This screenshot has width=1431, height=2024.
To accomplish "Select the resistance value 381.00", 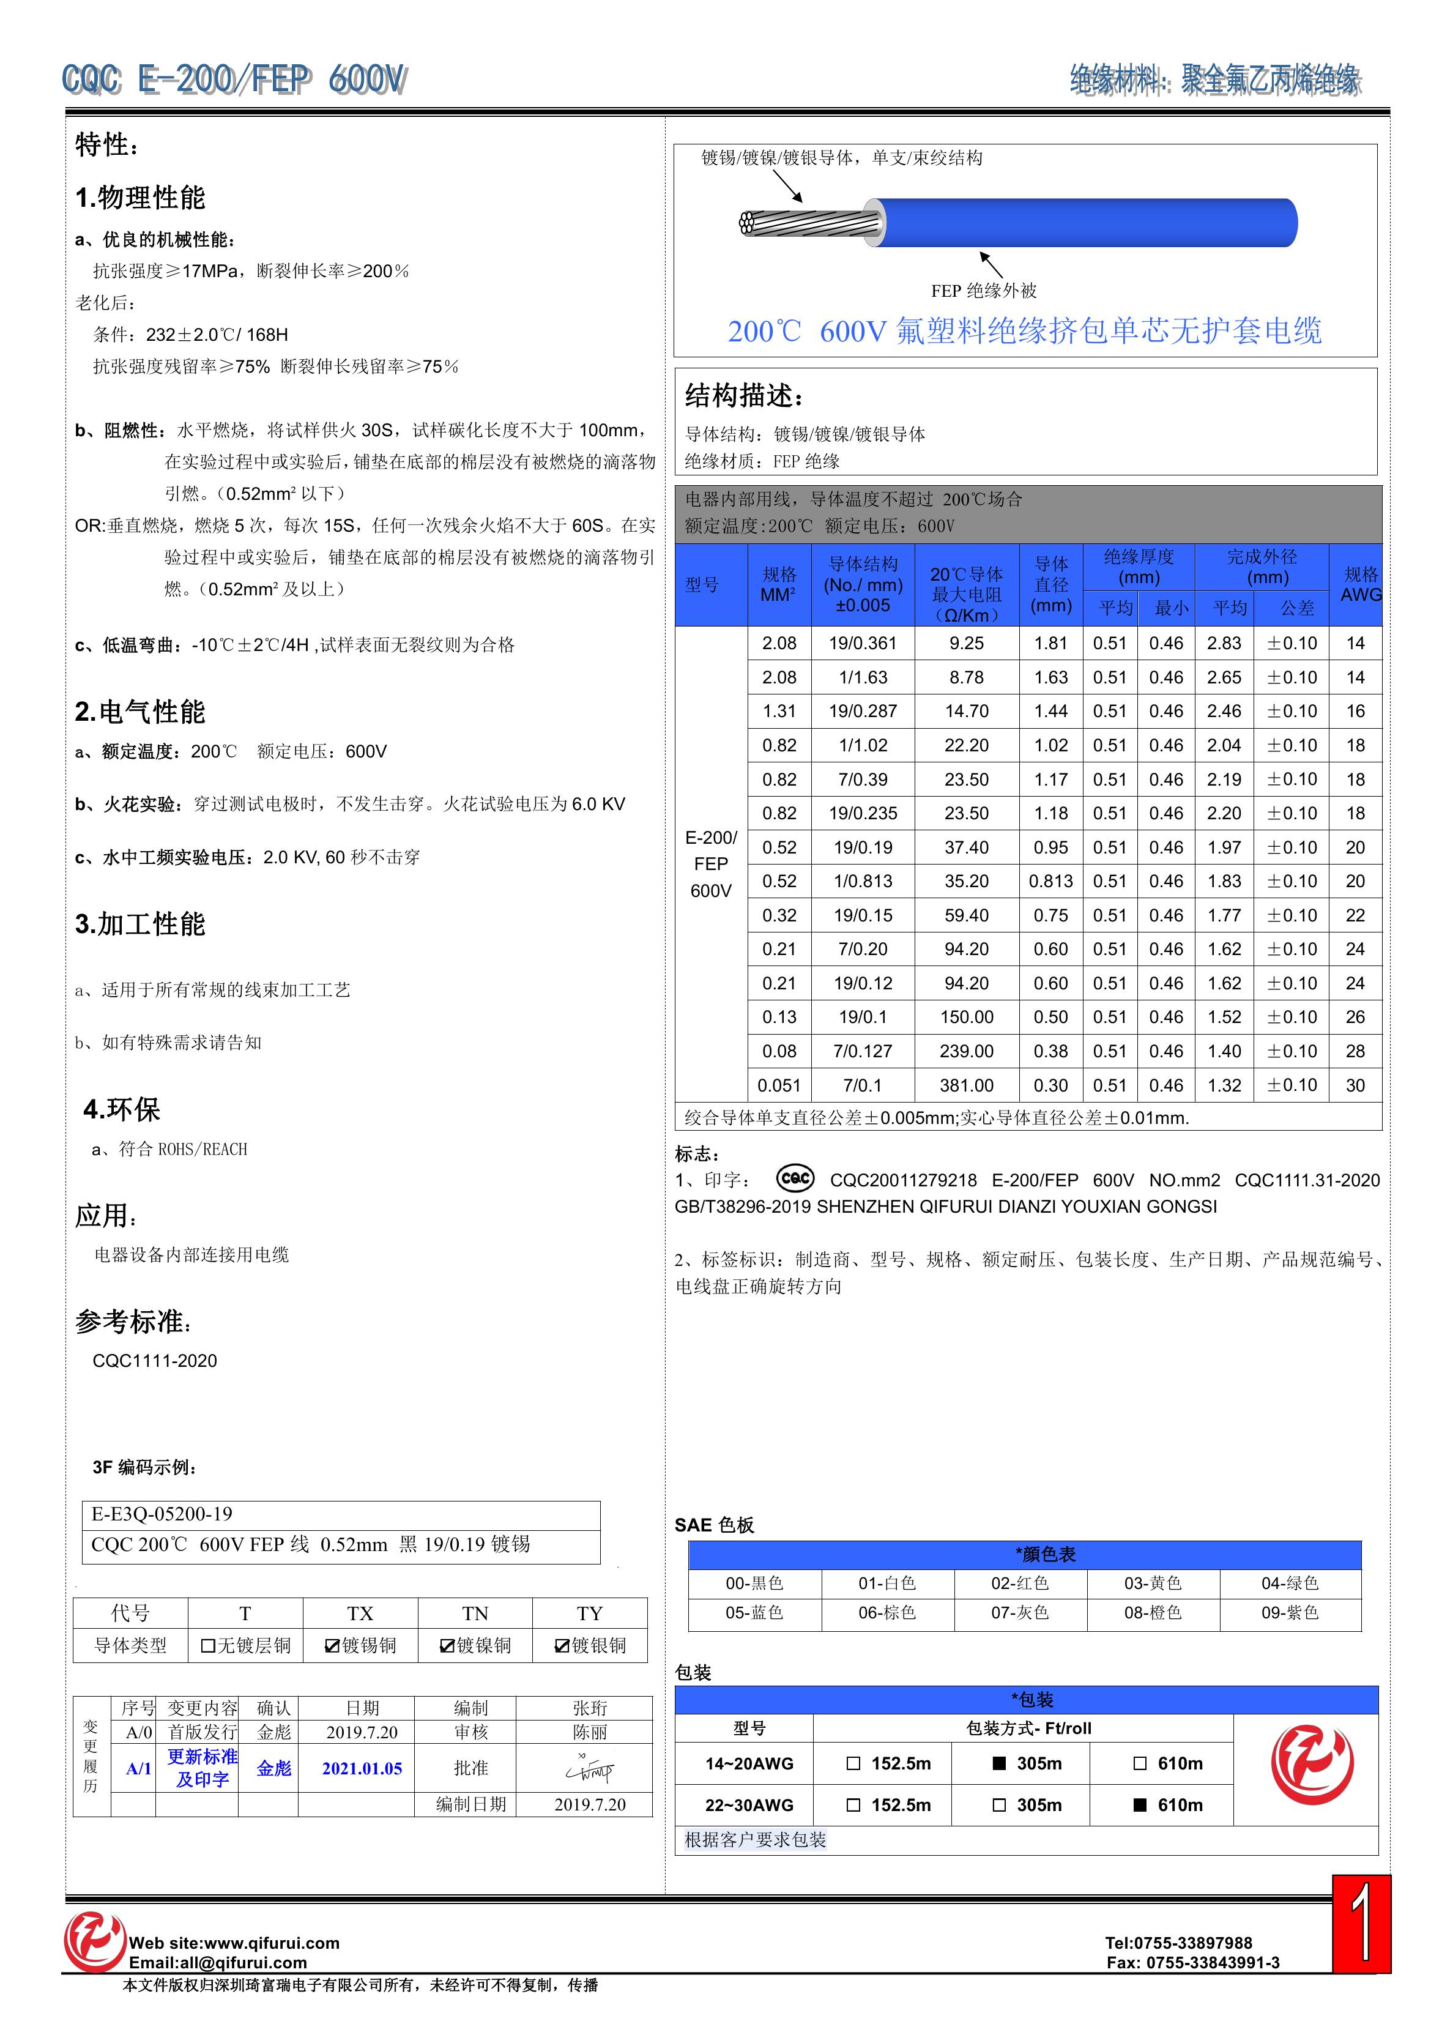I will [x=967, y=1085].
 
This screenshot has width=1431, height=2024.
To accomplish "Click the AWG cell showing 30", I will [x=1355, y=1085].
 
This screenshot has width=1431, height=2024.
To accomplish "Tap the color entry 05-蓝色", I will [x=754, y=1612].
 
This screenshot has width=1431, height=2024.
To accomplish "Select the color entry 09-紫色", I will [x=1289, y=1612].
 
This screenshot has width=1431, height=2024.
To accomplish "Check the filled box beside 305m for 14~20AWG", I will [x=999, y=1763].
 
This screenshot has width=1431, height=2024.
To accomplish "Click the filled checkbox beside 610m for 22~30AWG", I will [x=1139, y=1804].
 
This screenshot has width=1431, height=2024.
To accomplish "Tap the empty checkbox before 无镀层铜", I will [x=208, y=1646].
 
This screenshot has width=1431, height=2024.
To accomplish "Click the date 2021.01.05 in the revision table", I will [x=362, y=1768].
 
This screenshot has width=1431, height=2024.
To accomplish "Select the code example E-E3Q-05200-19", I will [x=162, y=1514].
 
